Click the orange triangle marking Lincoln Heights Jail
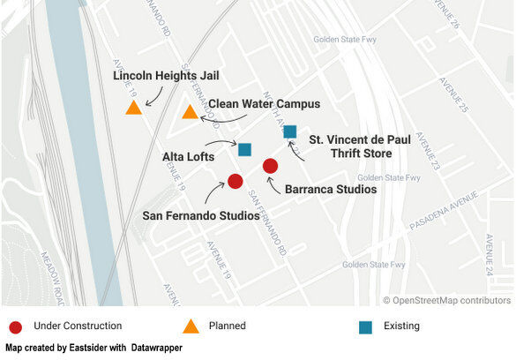point(133,108)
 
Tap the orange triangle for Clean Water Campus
point(190,112)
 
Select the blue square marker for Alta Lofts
point(245,150)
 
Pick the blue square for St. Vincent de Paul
point(290,132)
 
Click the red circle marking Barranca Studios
point(271,166)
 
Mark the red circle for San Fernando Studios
point(236,181)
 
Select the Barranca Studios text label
point(331,189)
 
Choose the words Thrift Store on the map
point(350,154)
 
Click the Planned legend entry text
point(227,326)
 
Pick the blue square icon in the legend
point(366,326)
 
